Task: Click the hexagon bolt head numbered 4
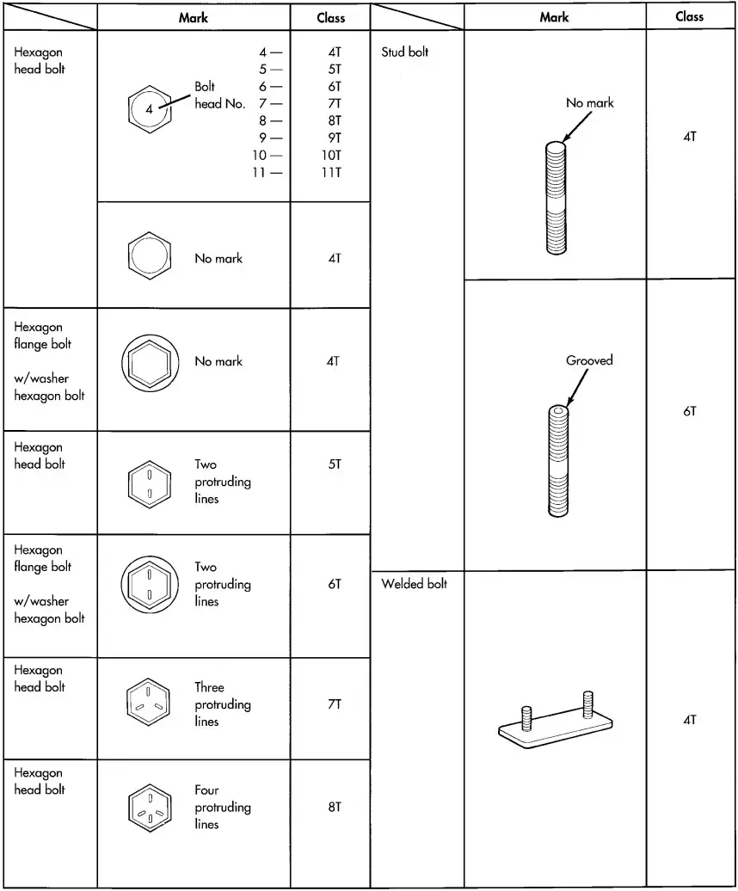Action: click(150, 109)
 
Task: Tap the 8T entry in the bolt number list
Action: click(334, 120)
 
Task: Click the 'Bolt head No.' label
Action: click(219, 95)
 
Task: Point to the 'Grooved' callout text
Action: click(589, 360)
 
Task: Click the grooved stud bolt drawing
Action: click(557, 460)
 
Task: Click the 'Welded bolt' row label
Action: click(414, 584)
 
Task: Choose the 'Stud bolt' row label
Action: click(404, 52)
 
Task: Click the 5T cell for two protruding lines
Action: click(334, 464)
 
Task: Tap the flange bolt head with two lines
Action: click(150, 584)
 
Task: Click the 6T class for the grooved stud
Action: click(690, 412)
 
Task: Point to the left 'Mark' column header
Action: click(193, 17)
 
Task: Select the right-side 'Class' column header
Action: click(690, 16)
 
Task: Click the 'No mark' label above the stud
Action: click(589, 102)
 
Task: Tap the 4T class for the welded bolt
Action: click(690, 720)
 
